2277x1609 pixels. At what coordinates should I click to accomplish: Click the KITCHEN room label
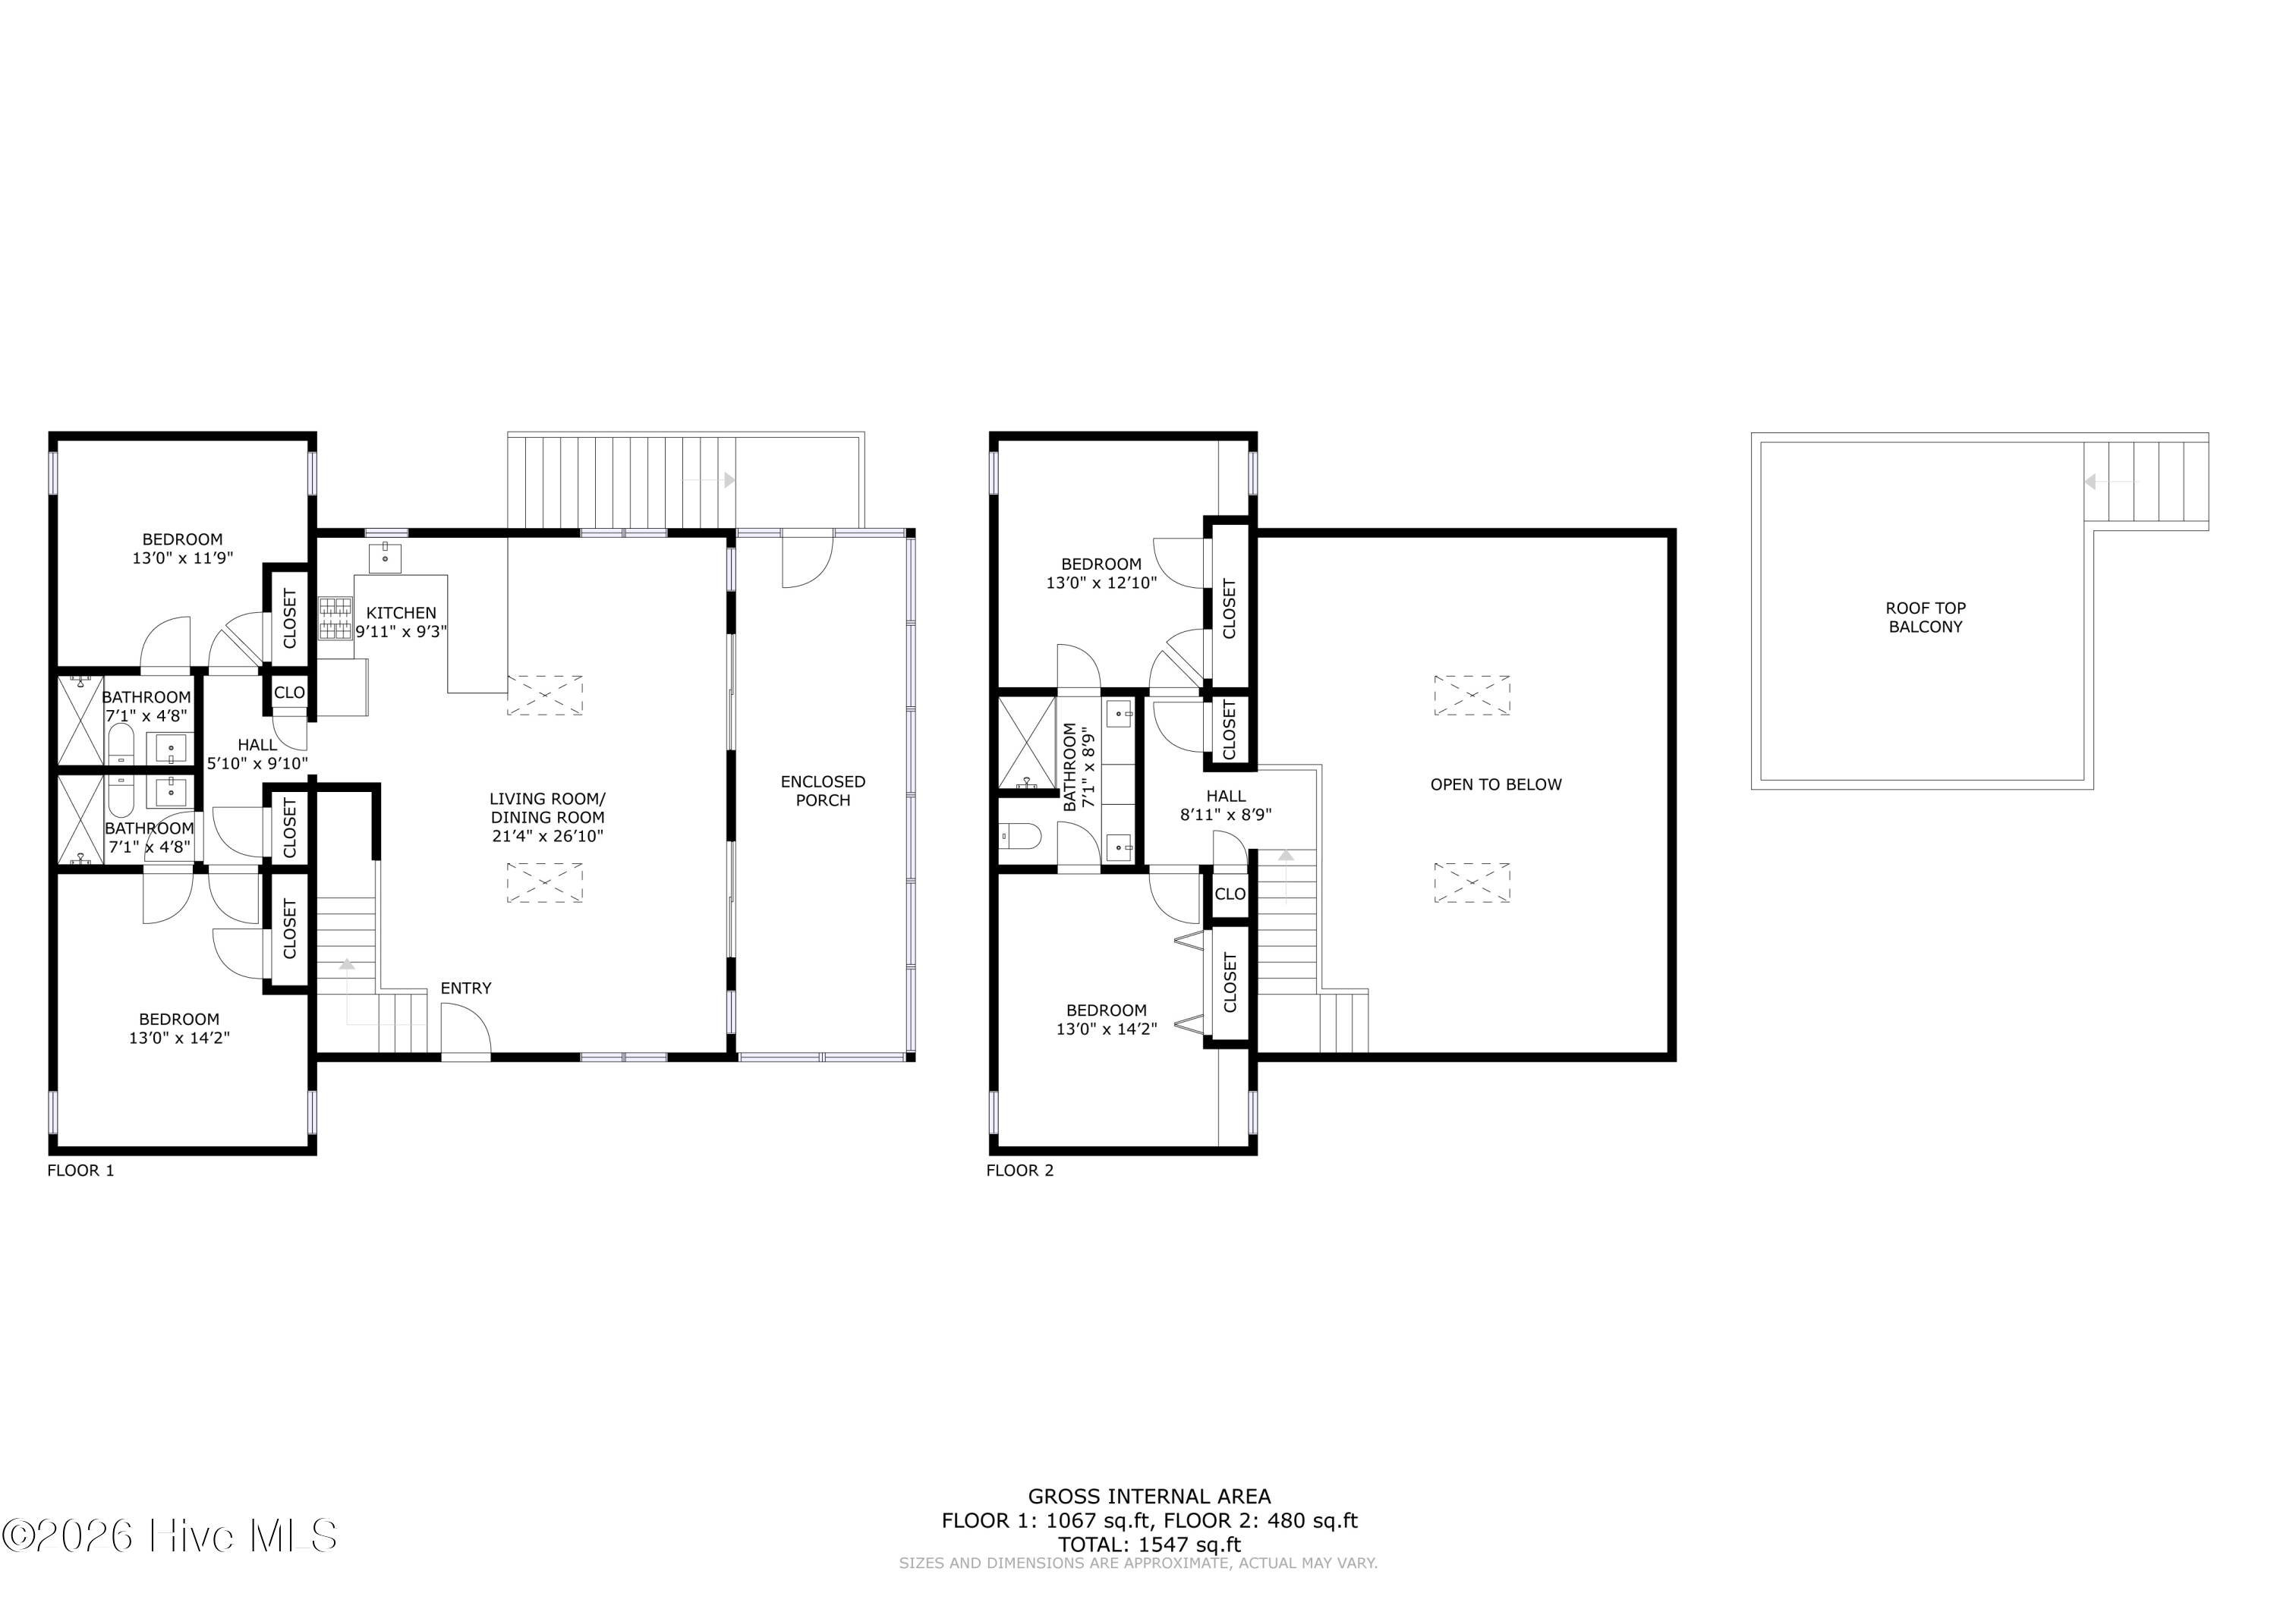(x=401, y=613)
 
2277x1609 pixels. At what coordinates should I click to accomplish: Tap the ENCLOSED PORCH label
(x=823, y=791)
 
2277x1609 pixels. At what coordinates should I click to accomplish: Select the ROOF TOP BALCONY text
(x=1925, y=618)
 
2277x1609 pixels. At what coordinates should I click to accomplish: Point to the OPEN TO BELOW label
(x=1495, y=784)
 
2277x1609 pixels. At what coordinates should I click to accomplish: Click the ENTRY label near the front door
(x=465, y=988)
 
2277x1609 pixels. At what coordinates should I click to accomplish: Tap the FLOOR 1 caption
(x=80, y=1170)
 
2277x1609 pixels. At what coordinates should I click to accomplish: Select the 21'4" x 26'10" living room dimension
(x=547, y=836)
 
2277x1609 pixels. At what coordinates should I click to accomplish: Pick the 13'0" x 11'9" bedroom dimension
(x=182, y=558)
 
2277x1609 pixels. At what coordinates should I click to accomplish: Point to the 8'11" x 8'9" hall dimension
(x=1226, y=815)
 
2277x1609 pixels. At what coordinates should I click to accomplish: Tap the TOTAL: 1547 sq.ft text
(x=1149, y=1545)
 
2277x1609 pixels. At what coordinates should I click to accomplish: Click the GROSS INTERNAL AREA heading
(x=1149, y=1497)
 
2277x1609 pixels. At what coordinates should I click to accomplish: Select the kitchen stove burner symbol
(x=335, y=618)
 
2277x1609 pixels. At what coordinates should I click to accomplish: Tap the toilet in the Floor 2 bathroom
(x=1019, y=837)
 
